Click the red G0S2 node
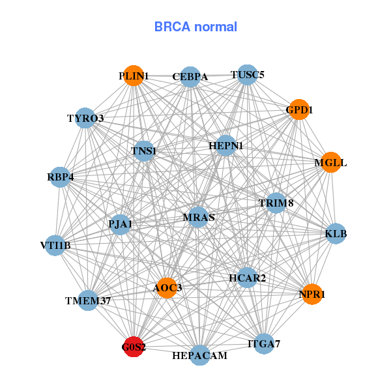pyautogui.click(x=134, y=346)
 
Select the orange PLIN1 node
pyautogui.click(x=134, y=76)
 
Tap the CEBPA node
pyautogui.click(x=190, y=77)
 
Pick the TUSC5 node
pyautogui.click(x=246, y=75)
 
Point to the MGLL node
pyautogui.click(x=331, y=162)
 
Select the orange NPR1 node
pyautogui.click(x=312, y=294)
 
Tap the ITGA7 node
pyautogui.click(x=264, y=343)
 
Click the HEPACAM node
pyautogui.click(x=200, y=355)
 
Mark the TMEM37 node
pyautogui.click(x=88, y=300)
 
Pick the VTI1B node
pyautogui.click(x=55, y=246)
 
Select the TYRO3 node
pyautogui.click(x=85, y=118)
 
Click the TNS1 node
pyautogui.click(x=143, y=152)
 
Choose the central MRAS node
pyautogui.click(x=198, y=216)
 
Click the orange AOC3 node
pyautogui.click(x=167, y=287)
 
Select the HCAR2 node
pyautogui.click(x=247, y=278)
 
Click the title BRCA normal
pyautogui.click(x=195, y=27)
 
